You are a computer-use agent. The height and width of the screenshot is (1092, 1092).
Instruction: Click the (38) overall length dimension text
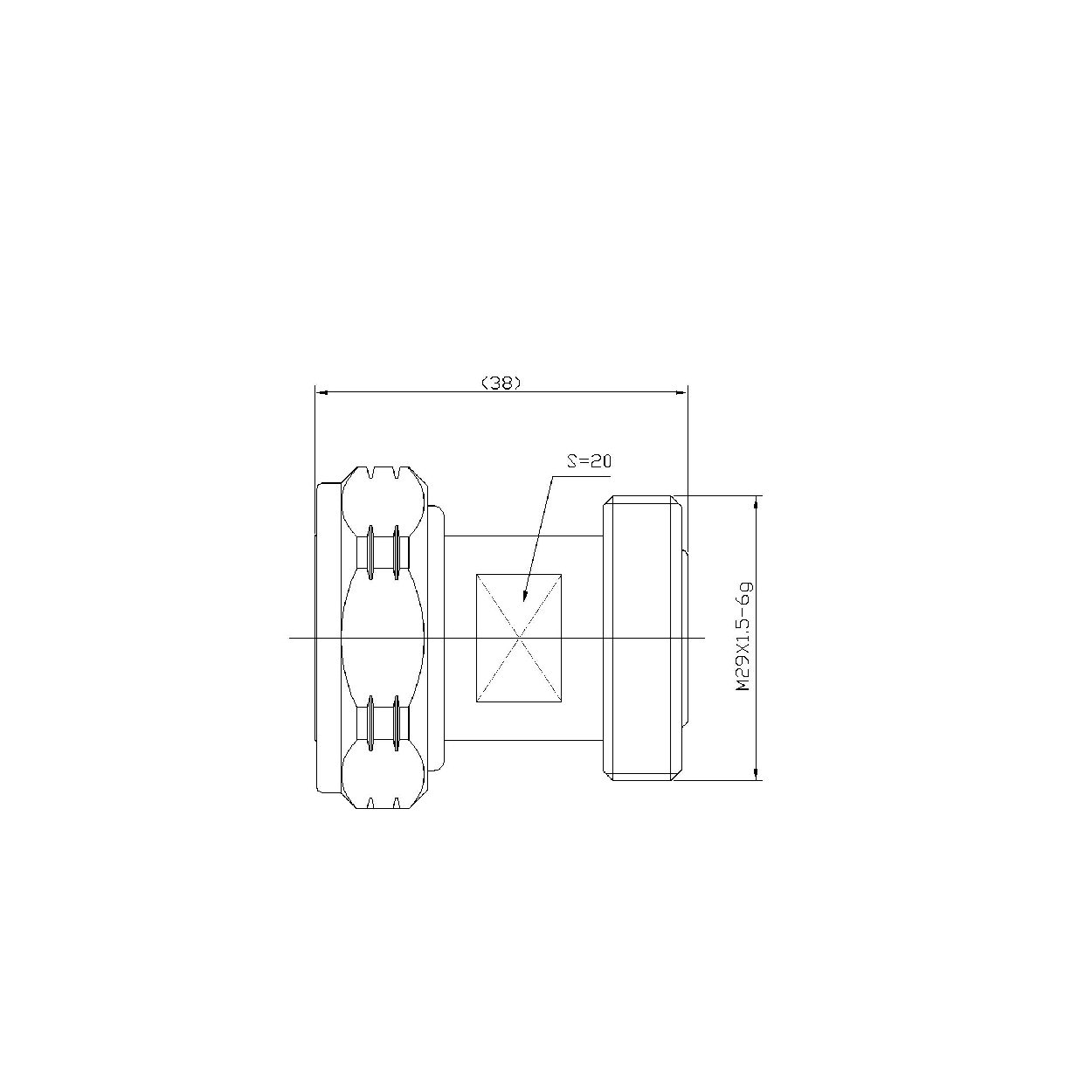501,384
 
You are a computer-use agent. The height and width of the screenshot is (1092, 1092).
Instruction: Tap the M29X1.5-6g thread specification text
743,636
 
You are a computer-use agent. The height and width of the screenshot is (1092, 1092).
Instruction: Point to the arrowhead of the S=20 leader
525,596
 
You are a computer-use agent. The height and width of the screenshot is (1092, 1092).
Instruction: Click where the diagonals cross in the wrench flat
519,639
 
